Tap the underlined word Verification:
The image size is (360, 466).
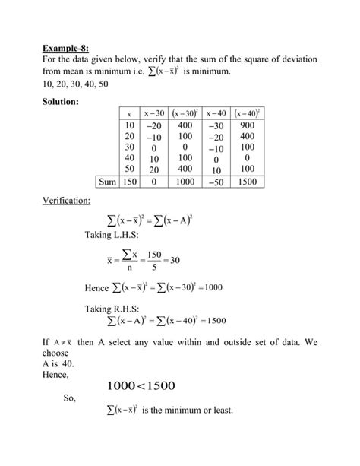point(66,201)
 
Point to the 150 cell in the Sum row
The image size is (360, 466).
point(129,182)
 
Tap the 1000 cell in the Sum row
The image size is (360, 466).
point(185,182)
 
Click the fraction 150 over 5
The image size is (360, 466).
point(155,260)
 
